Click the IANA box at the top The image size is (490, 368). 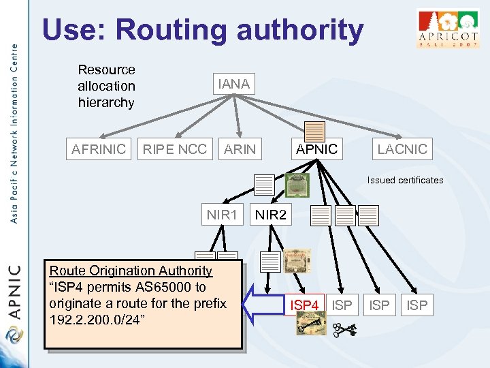[x=233, y=85]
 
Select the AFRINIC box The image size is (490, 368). [x=99, y=149]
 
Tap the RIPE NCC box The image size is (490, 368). [x=174, y=149]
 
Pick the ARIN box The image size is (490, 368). [x=240, y=149]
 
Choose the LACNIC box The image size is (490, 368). [x=402, y=149]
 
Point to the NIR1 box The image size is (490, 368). [x=222, y=215]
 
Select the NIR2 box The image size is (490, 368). [x=270, y=215]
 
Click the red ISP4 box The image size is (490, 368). [x=305, y=305]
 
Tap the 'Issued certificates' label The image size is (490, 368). [x=405, y=181]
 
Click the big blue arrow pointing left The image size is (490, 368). [x=262, y=303]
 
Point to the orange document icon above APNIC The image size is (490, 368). [x=314, y=132]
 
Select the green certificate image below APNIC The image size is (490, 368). [x=297, y=185]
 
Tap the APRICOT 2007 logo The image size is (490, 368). [x=447, y=29]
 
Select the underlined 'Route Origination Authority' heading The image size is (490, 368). [x=131, y=271]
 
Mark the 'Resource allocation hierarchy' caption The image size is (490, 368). [x=106, y=86]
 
